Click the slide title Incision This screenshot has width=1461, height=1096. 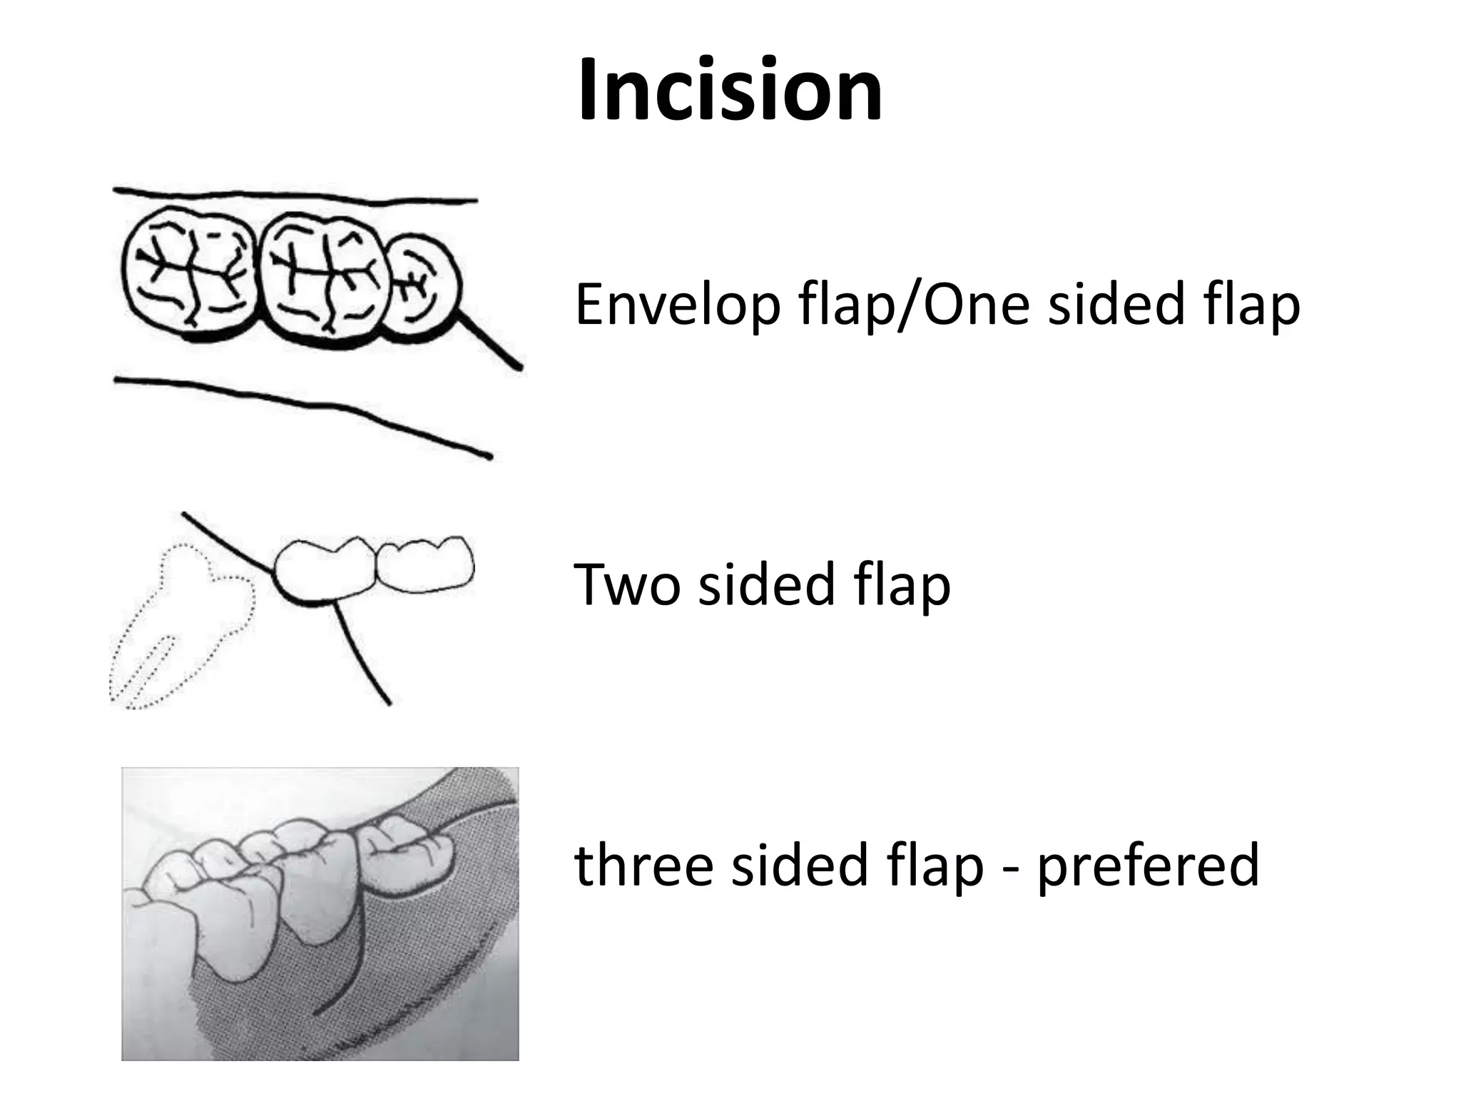click(x=730, y=90)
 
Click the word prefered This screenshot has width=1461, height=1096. click(x=1148, y=866)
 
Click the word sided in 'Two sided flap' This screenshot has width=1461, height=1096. click(x=767, y=584)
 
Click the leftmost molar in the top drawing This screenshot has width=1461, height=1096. click(x=190, y=271)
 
